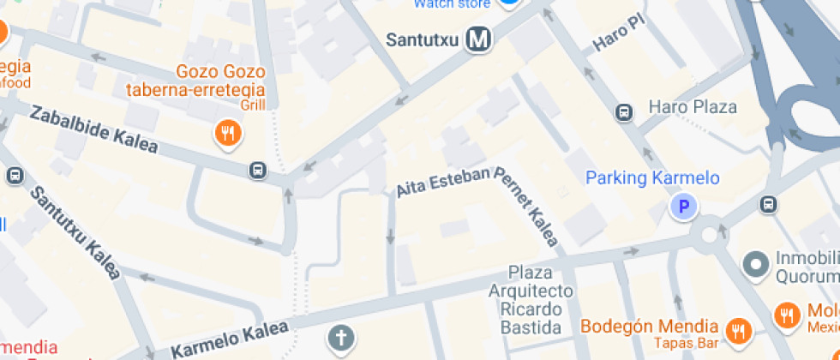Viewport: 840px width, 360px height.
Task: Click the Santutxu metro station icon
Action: (479, 39)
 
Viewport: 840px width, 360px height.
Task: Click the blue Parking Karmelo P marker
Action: (683, 207)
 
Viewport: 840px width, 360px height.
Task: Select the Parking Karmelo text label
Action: (652, 178)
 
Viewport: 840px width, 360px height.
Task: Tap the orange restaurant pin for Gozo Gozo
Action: (227, 133)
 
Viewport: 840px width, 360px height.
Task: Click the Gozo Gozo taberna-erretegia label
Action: (195, 81)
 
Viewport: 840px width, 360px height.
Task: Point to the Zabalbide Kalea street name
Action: (94, 129)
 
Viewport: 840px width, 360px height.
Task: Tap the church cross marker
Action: (341, 339)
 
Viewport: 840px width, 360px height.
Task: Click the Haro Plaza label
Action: (693, 107)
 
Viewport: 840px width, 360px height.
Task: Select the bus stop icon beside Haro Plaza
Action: (625, 111)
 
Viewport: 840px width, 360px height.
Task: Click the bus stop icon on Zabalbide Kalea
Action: (257, 170)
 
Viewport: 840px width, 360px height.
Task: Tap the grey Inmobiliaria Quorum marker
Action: (756, 264)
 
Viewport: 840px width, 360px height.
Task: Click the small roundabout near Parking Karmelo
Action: (709, 236)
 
